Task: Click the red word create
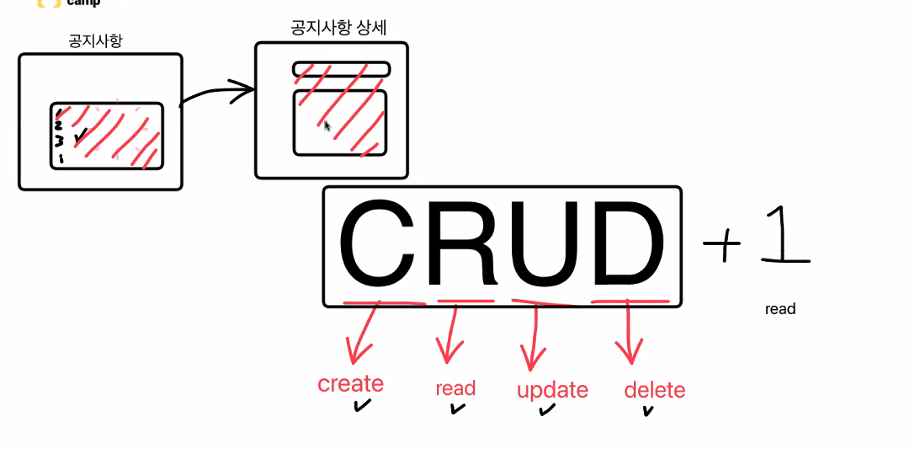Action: [x=350, y=384]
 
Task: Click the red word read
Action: [x=455, y=388]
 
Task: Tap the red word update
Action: [x=552, y=390]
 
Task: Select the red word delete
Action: [x=654, y=390]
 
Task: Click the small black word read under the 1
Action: [x=779, y=309]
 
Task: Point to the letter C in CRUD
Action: [x=383, y=244]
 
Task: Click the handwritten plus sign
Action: [x=721, y=243]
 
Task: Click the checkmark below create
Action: [x=362, y=406]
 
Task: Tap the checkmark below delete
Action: [x=648, y=411]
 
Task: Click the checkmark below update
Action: [x=547, y=410]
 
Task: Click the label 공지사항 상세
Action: [x=332, y=27]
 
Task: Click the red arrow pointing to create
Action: [x=362, y=333]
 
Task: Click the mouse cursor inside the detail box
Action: [x=327, y=126]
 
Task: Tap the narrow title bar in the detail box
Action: [x=341, y=69]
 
